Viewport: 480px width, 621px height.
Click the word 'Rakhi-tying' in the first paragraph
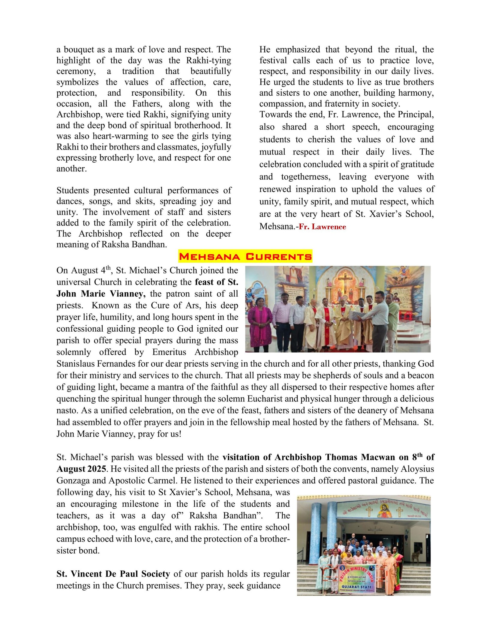(208, 60)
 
